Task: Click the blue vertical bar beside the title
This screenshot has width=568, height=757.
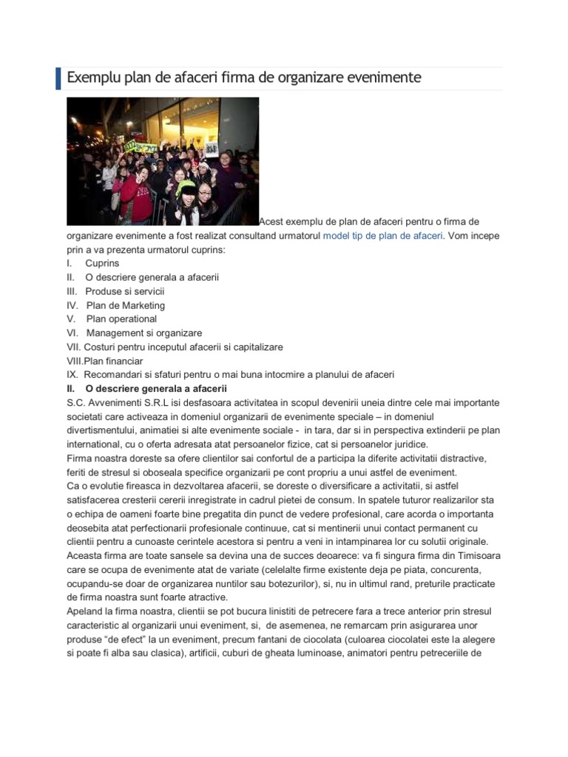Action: (x=58, y=78)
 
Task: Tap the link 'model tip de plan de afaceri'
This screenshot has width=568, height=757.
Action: (x=383, y=236)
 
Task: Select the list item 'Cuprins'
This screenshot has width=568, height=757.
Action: (x=102, y=263)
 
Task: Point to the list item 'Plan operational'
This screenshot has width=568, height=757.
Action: (x=121, y=319)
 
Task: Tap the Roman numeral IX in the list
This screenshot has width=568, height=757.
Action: (x=72, y=375)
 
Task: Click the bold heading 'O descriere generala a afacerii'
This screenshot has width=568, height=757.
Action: (x=156, y=389)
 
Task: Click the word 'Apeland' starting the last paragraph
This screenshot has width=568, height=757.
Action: (x=87, y=612)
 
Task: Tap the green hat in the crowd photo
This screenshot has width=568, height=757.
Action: (x=185, y=186)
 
